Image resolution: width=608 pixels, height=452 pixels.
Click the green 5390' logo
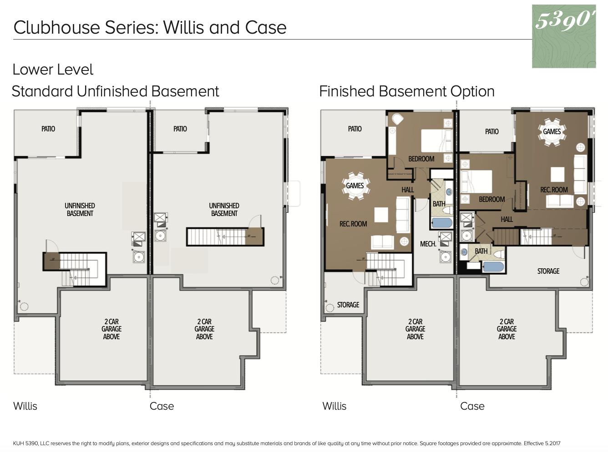(x=564, y=36)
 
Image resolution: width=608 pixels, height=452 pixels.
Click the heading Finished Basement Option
(x=407, y=91)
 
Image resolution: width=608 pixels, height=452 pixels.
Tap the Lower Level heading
(x=53, y=69)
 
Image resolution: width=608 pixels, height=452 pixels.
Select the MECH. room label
(x=428, y=244)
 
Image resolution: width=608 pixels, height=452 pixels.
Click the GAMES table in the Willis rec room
(x=355, y=186)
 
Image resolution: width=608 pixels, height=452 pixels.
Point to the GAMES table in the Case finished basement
(x=552, y=132)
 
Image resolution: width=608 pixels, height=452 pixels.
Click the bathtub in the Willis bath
(x=442, y=223)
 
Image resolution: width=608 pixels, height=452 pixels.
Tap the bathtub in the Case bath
(x=493, y=267)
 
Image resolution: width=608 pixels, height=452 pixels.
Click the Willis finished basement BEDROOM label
(x=421, y=159)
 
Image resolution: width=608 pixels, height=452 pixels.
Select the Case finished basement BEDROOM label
(x=492, y=200)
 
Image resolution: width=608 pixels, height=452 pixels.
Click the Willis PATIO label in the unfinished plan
(x=48, y=129)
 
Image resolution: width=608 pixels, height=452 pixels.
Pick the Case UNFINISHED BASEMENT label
(x=224, y=210)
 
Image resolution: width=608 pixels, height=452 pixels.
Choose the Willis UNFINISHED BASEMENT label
(x=80, y=210)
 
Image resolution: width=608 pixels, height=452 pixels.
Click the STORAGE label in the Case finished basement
(x=548, y=271)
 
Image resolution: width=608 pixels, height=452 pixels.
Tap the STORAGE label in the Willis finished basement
(x=348, y=305)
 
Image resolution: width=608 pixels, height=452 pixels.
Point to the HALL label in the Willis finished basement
(x=408, y=190)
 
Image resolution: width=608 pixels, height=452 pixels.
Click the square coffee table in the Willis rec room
(x=381, y=215)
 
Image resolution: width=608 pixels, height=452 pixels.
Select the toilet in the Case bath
(x=499, y=254)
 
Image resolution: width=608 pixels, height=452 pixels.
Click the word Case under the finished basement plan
(x=472, y=406)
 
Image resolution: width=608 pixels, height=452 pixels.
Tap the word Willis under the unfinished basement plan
(x=25, y=406)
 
